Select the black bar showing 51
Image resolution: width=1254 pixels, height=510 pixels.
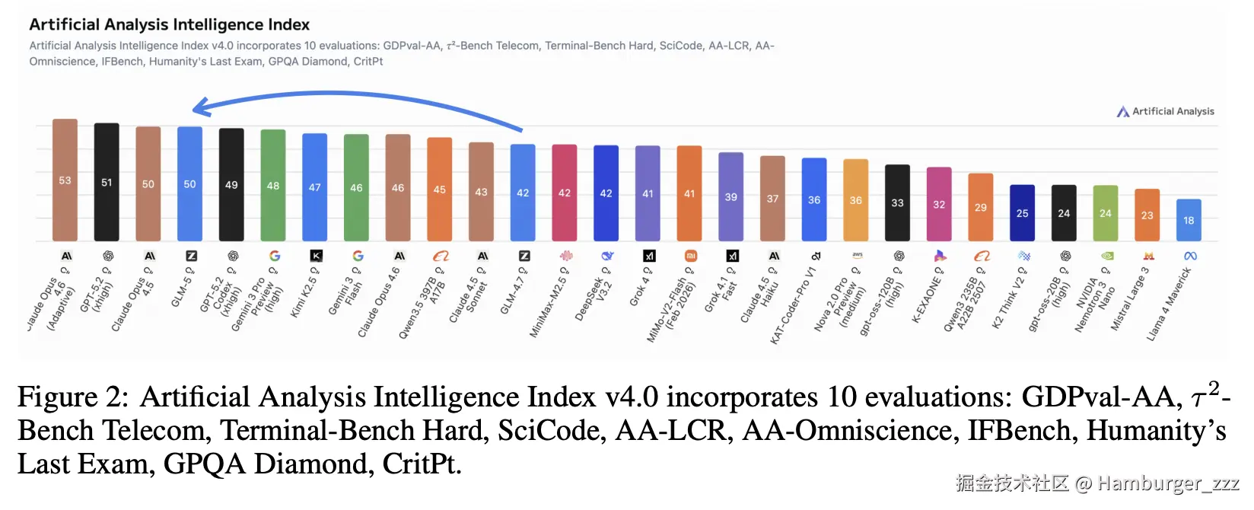pos(107,182)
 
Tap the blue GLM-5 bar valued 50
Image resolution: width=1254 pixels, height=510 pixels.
pos(189,183)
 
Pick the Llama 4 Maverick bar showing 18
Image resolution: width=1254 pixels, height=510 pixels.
pos(1189,220)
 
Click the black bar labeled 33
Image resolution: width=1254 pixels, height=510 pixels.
pos(897,202)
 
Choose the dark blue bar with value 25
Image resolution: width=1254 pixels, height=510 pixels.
pos(1022,213)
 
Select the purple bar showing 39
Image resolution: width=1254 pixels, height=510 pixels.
pos(730,196)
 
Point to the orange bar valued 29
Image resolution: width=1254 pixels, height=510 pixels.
pos(980,207)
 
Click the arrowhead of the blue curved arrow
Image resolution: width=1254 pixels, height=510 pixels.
pos(199,107)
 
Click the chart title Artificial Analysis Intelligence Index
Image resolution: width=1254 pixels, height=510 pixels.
pos(169,24)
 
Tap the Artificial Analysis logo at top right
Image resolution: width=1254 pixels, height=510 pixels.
pos(1165,111)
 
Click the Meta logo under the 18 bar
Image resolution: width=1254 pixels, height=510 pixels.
pos(1190,256)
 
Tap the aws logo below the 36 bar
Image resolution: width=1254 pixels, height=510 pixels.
pos(857,255)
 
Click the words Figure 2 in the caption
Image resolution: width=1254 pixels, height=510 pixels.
pos(72,397)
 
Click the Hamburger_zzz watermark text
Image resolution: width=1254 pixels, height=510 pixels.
pos(1168,483)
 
